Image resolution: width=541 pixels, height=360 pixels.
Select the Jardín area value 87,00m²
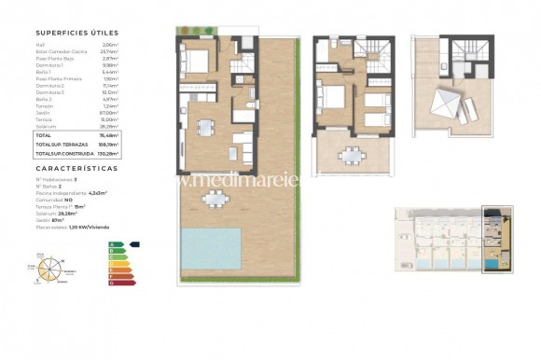(112, 113)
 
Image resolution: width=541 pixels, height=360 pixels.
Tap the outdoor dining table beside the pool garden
(215, 198)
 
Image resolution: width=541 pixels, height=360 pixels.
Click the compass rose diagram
(49, 268)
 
